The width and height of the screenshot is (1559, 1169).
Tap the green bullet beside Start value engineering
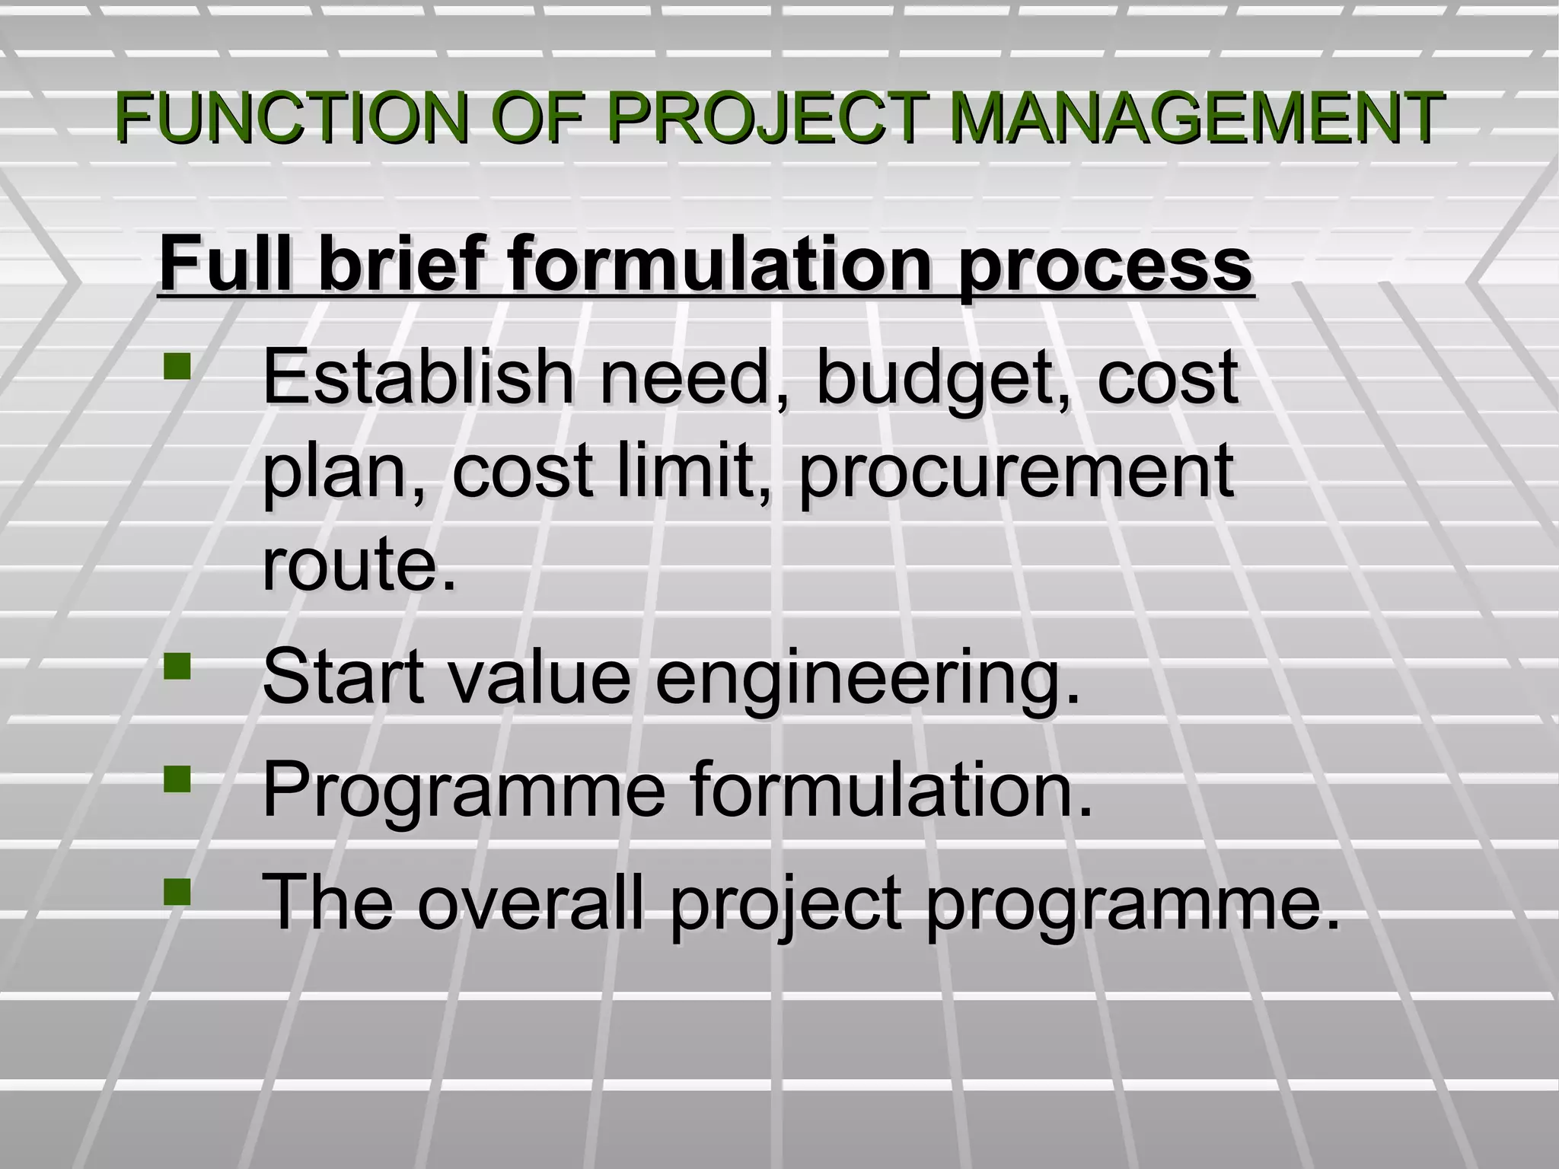(x=177, y=667)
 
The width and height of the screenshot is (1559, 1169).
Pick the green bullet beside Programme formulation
(x=177, y=779)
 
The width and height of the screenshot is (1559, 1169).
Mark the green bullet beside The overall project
(x=177, y=891)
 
